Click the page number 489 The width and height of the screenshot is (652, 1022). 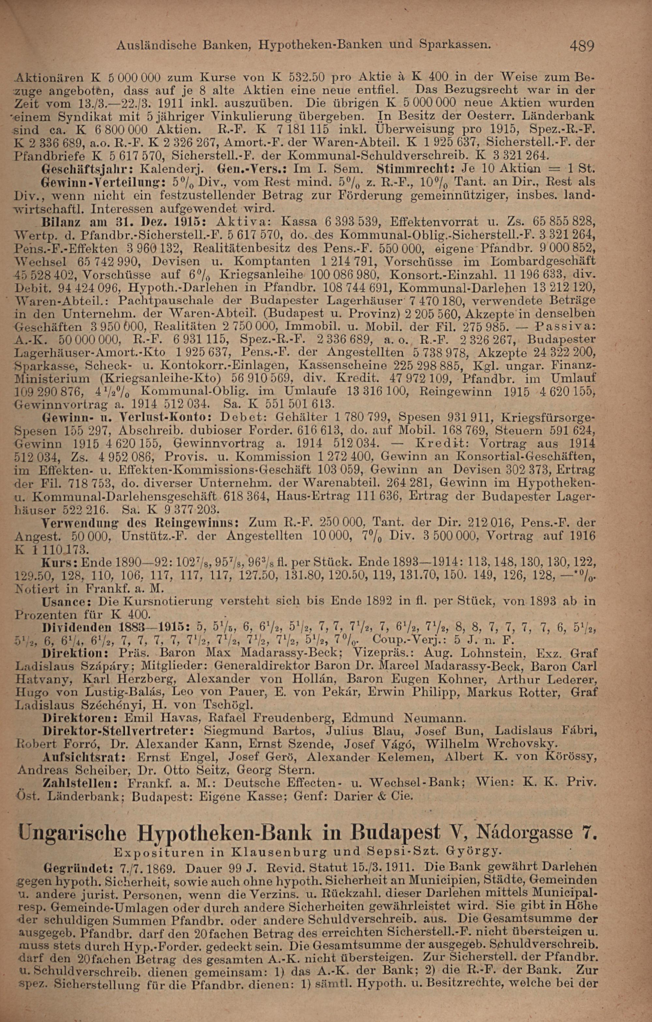582,45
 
